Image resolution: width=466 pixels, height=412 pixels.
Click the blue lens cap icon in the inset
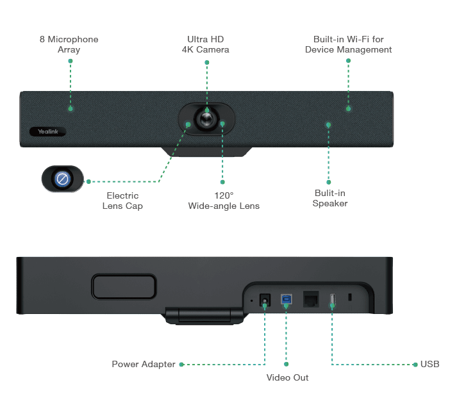(63, 179)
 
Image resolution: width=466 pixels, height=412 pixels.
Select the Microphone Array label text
(69, 44)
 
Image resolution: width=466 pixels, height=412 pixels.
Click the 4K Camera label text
(205, 44)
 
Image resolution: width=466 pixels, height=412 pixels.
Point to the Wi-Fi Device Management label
(349, 44)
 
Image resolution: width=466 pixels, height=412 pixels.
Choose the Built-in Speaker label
(329, 198)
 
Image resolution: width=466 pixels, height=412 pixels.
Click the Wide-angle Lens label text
(224, 201)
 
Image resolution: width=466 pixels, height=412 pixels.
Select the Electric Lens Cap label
(122, 201)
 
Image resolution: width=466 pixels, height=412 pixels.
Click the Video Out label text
(287, 377)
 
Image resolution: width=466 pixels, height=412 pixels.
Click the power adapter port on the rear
(263, 301)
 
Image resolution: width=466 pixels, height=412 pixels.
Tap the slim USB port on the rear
(332, 301)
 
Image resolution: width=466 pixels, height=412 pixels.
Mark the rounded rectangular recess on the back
(124, 286)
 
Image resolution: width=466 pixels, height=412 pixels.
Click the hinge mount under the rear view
(204, 316)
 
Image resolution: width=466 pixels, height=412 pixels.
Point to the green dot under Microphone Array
(71, 110)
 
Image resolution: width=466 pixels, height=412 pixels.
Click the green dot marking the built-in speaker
(328, 124)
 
